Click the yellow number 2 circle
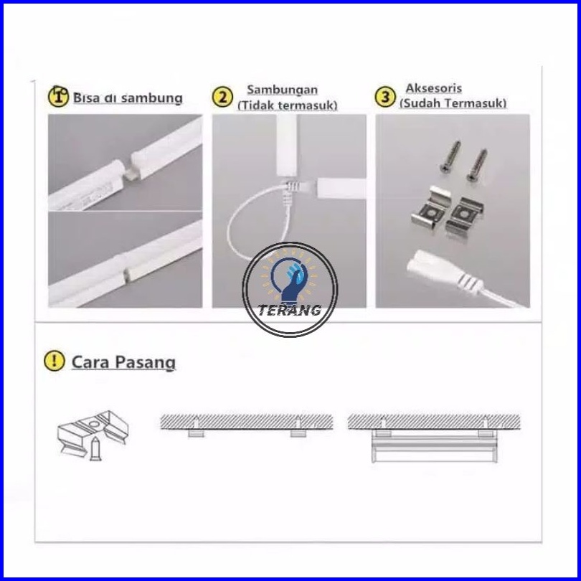tap(222, 97)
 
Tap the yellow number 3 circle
tap(385, 97)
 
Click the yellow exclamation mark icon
tap(54, 361)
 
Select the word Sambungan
tap(283, 90)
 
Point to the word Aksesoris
tap(433, 88)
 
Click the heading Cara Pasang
tap(123, 362)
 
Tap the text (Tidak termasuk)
tap(288, 105)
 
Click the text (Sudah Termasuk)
tap(453, 103)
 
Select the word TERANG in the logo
tap(290, 310)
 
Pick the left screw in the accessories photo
tap(450, 156)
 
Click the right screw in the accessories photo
tap(477, 165)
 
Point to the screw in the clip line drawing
tap(95, 449)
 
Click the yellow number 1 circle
tap(58, 97)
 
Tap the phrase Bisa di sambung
tap(128, 98)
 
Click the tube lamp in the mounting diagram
tap(434, 449)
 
